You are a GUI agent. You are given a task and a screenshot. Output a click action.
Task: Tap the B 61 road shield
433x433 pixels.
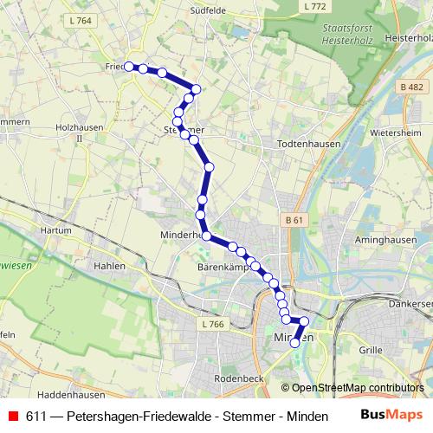(x=294, y=222)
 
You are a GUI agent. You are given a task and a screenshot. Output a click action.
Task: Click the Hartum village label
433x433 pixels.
(x=55, y=231)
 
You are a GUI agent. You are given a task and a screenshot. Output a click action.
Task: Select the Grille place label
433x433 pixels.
(x=372, y=350)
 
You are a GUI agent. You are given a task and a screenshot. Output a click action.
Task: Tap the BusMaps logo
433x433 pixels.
(x=391, y=415)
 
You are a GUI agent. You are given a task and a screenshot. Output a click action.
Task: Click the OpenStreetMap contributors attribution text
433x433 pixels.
(x=358, y=388)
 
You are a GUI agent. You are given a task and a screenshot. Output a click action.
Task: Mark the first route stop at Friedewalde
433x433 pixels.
(x=129, y=66)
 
